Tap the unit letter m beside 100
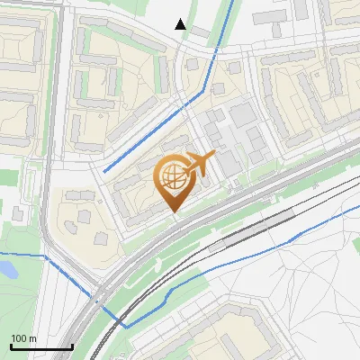pos(32,338)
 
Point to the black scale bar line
pos(40,346)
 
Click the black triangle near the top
pos(181,24)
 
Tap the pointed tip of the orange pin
pos(174,213)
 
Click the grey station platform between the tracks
pos(256,229)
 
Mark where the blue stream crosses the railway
pos(114,316)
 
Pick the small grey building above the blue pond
pos(19,212)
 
